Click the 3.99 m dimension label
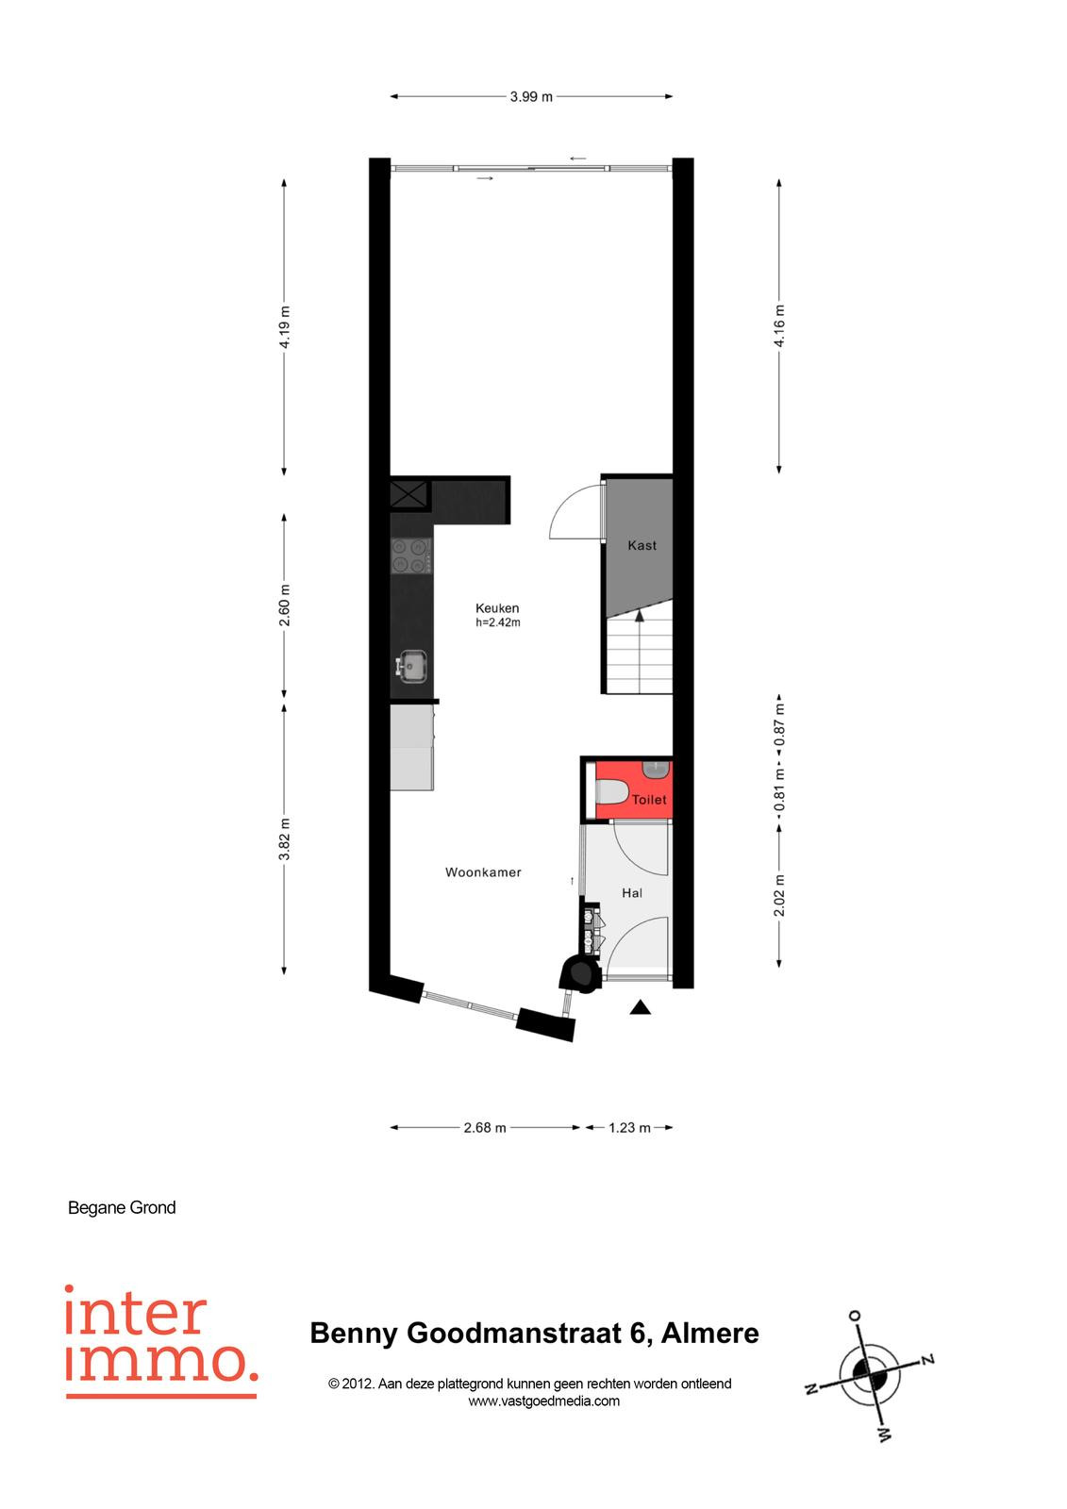click(x=531, y=96)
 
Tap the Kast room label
click(x=641, y=545)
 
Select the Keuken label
click(x=497, y=607)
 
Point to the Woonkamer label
click(x=483, y=871)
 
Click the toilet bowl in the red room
click(x=612, y=791)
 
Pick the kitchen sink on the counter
click(x=410, y=666)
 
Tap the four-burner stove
click(x=410, y=556)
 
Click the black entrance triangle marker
click(x=641, y=1007)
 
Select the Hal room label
click(x=631, y=892)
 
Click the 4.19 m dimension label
click(x=285, y=327)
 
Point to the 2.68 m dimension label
click(x=485, y=1128)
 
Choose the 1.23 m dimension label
click(x=629, y=1128)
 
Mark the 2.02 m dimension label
click(x=778, y=895)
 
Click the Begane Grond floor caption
click(x=122, y=1207)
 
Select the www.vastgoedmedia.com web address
click(x=544, y=1401)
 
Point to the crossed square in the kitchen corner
click(x=409, y=495)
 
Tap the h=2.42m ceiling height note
click(x=497, y=622)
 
